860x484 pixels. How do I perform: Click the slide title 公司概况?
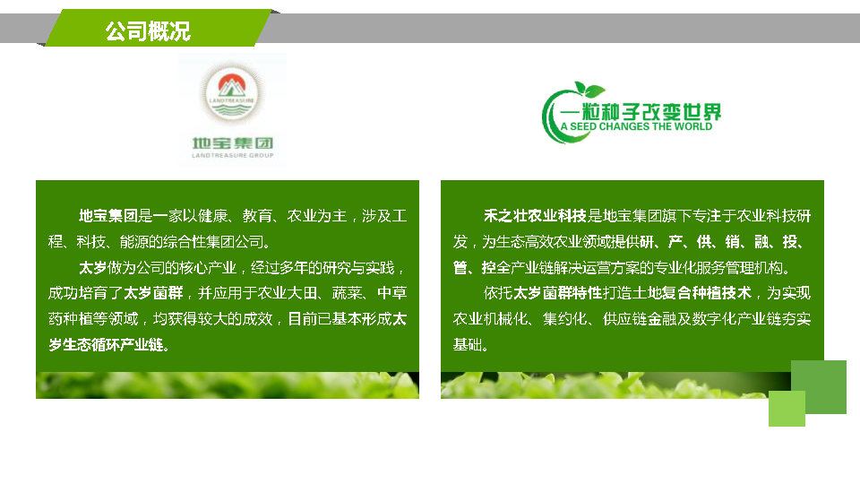(x=148, y=30)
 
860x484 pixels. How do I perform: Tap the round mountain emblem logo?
(x=232, y=94)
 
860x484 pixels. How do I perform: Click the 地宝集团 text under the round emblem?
(x=233, y=143)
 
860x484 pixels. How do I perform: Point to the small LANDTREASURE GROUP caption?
(x=233, y=155)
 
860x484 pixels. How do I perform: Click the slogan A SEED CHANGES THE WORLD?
(x=636, y=126)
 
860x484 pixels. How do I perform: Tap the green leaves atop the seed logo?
(x=589, y=90)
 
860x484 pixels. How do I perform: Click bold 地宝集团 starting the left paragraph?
(x=108, y=216)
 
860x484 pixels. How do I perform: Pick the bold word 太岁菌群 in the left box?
(x=153, y=293)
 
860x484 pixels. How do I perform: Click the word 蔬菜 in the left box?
(x=347, y=293)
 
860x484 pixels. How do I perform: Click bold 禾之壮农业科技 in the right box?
(x=536, y=216)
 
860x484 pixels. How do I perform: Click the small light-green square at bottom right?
(x=787, y=409)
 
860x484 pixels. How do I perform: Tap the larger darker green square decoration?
(x=818, y=387)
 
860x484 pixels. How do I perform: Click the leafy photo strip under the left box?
(x=228, y=385)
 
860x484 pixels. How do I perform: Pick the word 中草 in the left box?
(x=391, y=293)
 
